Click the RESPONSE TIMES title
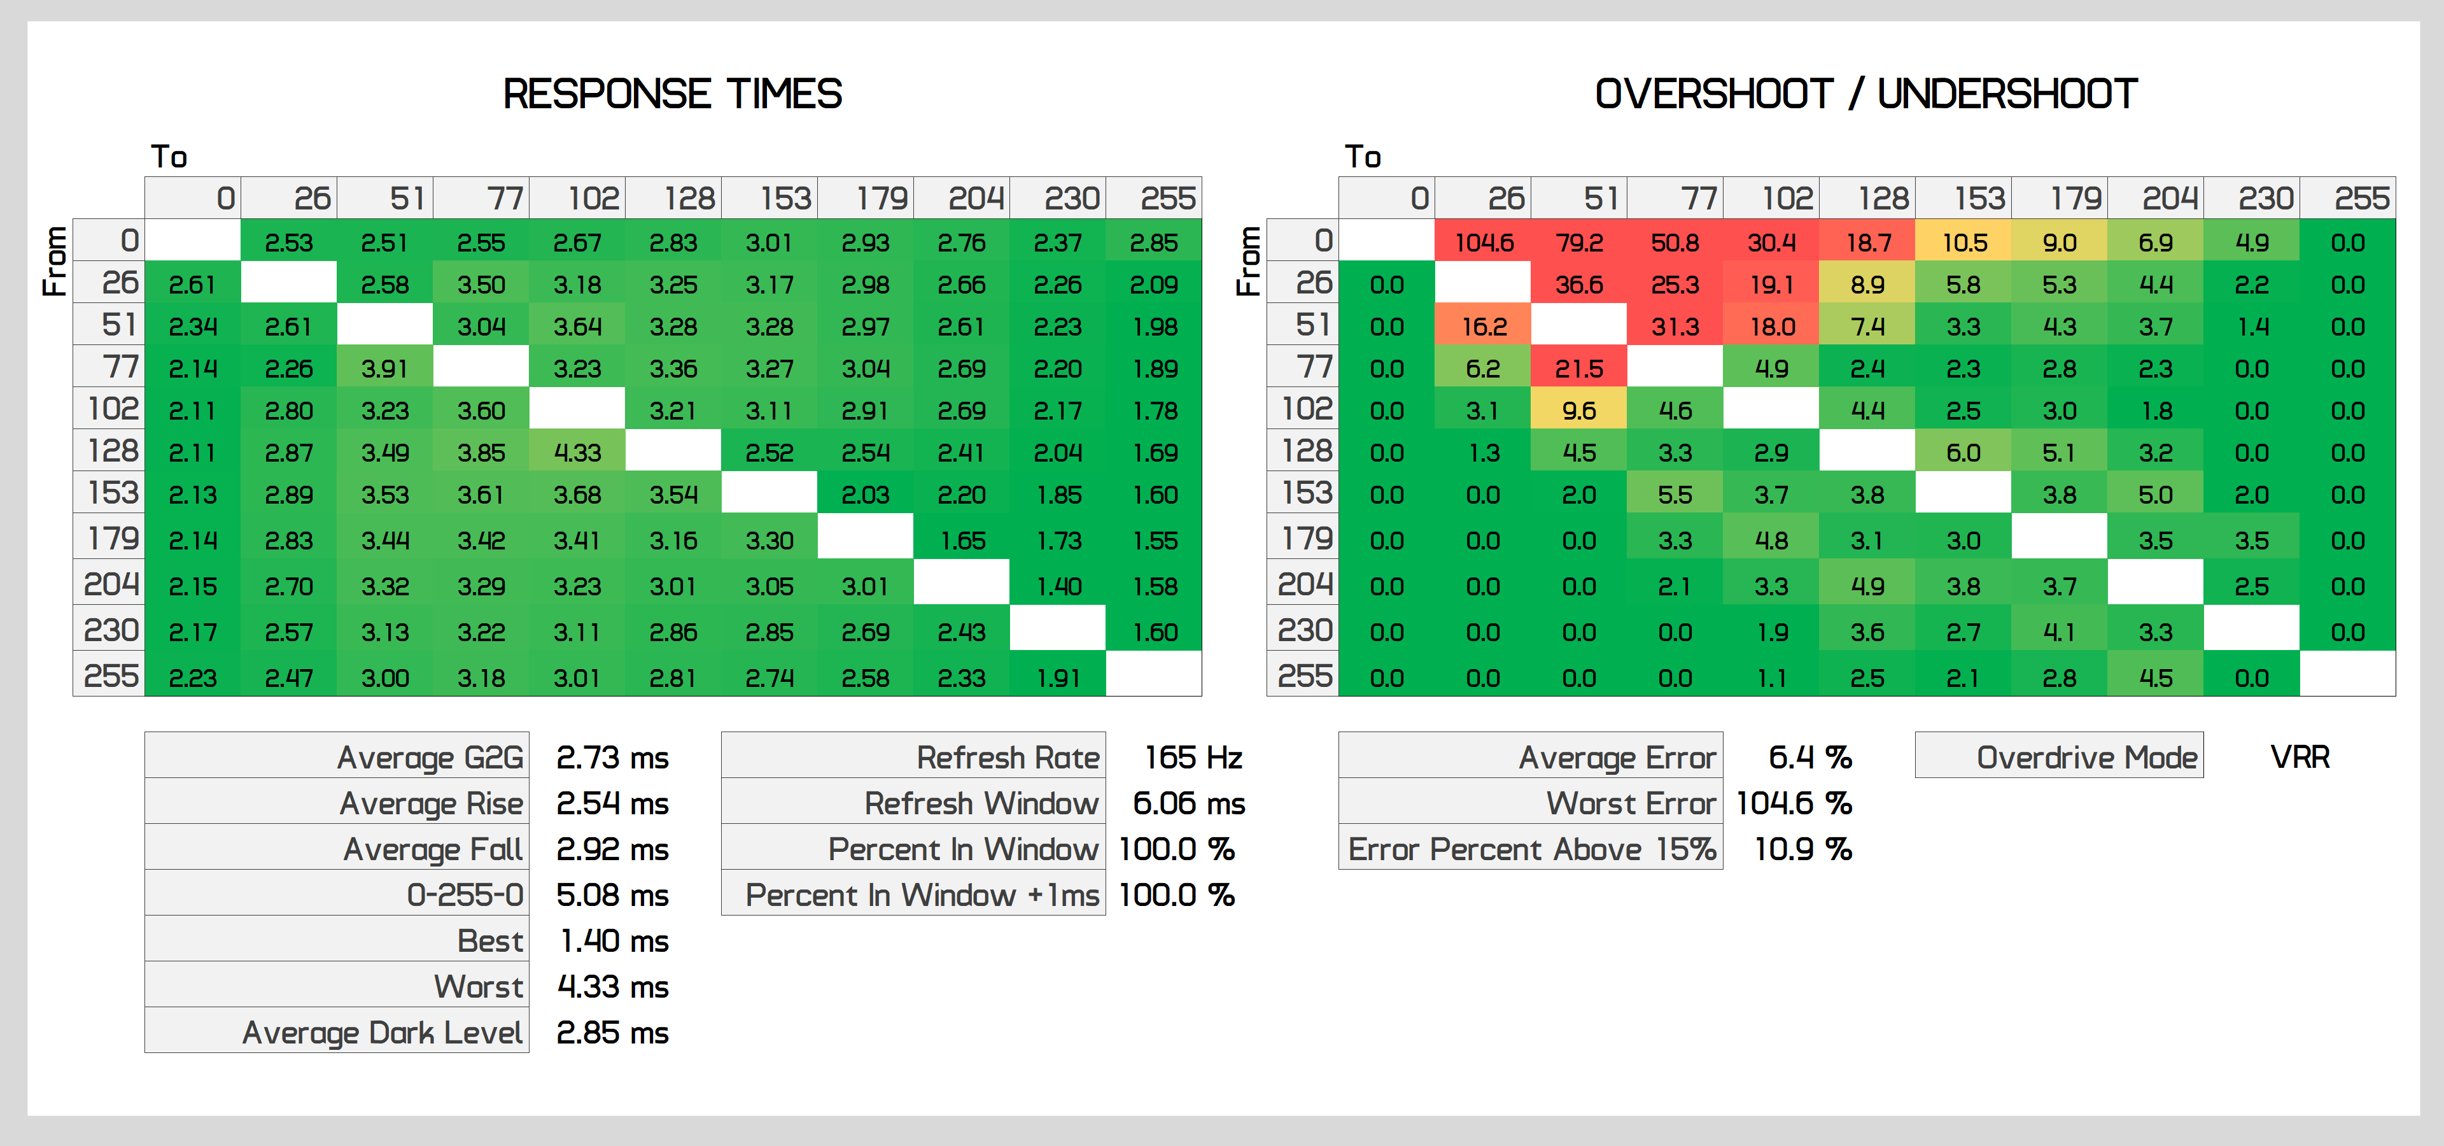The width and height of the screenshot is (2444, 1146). coord(671,94)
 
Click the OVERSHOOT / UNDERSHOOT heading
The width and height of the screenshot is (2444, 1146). coord(1865,94)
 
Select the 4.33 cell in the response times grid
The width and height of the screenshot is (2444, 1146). coord(577,453)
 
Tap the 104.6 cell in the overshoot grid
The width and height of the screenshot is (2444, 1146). coord(1483,243)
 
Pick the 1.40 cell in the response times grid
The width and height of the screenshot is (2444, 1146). coord(1058,586)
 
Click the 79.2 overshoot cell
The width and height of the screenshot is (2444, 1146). coord(1578,243)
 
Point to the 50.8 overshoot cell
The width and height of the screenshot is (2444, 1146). coord(1675,243)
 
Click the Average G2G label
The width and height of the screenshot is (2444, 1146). coord(430,757)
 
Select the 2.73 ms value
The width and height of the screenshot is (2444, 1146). coord(612,757)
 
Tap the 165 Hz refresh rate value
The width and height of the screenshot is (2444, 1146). coord(1193,757)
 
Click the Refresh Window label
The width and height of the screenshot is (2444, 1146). coord(981,803)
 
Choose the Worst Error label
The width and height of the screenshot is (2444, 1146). coord(1630,803)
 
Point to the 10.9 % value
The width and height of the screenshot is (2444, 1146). coord(1802,849)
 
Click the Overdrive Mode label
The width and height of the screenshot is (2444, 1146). coord(2086,757)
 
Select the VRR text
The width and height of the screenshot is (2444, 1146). coord(2300,757)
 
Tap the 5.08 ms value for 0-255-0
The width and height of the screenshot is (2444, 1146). coord(612,895)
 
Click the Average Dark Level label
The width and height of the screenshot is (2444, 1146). coord(383,1032)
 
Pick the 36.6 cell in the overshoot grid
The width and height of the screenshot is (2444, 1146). coord(1578,285)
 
